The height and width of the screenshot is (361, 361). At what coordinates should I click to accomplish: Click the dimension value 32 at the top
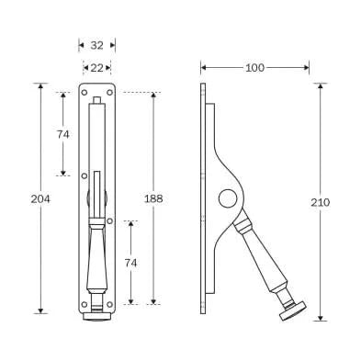(96, 44)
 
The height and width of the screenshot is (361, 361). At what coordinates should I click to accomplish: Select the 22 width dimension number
(96, 67)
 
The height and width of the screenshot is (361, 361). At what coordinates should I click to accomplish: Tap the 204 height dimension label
(39, 198)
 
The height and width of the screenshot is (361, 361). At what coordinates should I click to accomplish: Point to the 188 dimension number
(153, 198)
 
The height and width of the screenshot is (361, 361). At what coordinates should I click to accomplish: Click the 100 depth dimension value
(254, 67)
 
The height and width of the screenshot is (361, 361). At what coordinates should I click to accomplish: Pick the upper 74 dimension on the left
(63, 134)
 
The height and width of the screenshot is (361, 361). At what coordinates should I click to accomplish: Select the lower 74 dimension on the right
(131, 263)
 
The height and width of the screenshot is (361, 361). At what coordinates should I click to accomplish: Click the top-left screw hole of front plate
(85, 92)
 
